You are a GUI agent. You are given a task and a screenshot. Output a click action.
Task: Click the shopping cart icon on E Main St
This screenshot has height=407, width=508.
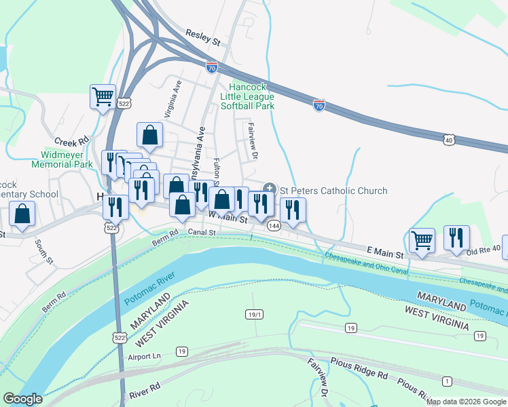click(422, 239)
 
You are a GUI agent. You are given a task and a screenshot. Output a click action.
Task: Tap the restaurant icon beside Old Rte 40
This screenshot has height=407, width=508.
click(456, 237)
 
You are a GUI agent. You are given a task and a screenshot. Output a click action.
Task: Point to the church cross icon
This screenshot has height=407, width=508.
click(270, 188)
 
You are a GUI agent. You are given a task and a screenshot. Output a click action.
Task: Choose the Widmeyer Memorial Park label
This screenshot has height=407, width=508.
click(62, 159)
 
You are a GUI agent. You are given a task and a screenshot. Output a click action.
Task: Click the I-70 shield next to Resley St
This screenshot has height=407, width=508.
click(212, 65)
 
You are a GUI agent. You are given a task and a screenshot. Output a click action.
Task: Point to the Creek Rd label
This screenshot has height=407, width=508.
click(72, 142)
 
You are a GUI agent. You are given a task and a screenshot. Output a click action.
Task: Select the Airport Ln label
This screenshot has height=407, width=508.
click(143, 356)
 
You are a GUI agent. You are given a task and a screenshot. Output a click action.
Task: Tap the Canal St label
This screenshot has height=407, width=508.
click(202, 232)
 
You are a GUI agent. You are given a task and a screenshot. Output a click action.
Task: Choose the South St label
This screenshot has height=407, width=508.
click(44, 251)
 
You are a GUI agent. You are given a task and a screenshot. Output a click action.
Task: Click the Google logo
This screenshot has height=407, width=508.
click(22, 399)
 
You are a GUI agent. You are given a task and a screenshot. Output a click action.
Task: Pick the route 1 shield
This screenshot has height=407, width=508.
click(446, 381)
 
